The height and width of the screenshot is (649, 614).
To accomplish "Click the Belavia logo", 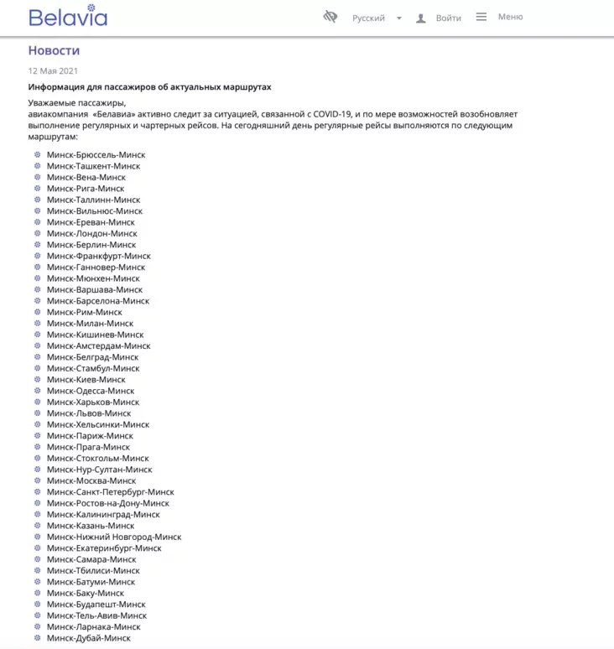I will point(68,17).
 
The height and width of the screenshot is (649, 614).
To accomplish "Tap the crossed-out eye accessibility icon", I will point(330,17).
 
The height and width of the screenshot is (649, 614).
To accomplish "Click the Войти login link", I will point(448,18).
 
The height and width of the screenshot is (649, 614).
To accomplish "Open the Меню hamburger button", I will point(500,17).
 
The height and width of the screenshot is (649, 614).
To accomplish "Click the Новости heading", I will point(54,50).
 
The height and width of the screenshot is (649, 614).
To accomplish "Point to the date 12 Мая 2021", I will point(53,71).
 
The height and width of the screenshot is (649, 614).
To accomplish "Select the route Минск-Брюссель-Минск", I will point(96,155).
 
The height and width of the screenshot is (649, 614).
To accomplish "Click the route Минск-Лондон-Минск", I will point(91,234).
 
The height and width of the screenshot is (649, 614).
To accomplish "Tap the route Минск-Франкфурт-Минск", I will point(99,256).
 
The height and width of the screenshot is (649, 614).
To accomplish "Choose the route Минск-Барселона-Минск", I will point(98,301).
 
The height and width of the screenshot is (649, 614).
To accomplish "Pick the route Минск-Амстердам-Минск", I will point(99,345).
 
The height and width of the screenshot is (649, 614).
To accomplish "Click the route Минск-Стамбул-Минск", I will point(93,368).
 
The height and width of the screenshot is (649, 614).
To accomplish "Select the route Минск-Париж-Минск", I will point(90,436).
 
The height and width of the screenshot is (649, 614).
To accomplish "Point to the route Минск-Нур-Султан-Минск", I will point(100,470).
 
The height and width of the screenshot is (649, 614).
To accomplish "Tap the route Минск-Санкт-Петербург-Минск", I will point(111,492).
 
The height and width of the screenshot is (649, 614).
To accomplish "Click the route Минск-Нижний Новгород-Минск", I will point(114,537).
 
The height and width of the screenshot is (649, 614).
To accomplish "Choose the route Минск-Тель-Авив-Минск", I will point(96,615).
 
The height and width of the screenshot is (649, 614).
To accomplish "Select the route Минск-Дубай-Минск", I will point(89,638).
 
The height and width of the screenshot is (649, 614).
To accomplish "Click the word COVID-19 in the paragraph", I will point(331,114).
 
